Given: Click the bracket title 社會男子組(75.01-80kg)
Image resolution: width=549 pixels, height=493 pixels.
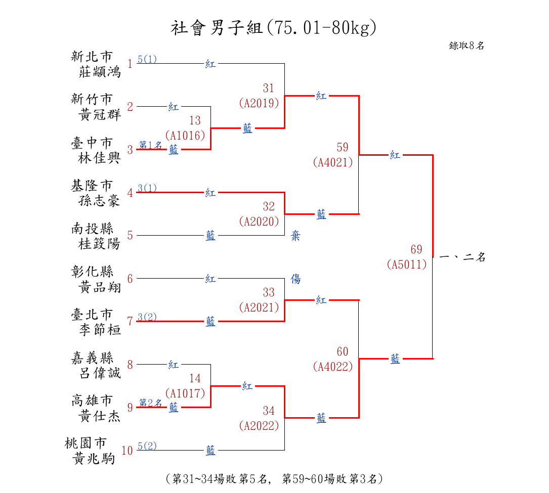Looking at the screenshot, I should (x=274, y=28).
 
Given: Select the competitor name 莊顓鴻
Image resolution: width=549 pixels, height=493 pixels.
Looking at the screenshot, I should (x=100, y=72).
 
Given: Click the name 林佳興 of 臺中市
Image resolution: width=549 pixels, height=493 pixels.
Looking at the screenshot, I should (x=100, y=158).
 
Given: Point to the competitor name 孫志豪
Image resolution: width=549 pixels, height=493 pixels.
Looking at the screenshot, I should (x=100, y=201).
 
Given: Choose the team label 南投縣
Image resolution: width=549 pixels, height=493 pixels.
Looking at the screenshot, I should (x=92, y=229).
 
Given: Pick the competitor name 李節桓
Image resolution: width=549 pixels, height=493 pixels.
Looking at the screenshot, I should (x=100, y=330).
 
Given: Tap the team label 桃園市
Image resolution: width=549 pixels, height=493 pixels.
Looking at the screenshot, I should (x=86, y=443).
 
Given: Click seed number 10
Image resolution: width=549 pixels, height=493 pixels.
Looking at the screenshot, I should (x=127, y=451).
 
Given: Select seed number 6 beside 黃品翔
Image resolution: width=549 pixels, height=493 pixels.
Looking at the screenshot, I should (x=130, y=279).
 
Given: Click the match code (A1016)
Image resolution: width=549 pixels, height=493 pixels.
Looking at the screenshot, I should (x=185, y=136).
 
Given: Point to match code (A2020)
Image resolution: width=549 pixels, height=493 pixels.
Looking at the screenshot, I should (x=259, y=221).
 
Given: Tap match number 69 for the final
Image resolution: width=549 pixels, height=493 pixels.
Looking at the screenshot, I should (x=416, y=249).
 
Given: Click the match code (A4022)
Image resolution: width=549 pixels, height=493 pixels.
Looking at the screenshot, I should (x=332, y=367).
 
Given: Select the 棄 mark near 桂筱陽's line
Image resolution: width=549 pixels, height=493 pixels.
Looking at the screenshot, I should (x=295, y=236).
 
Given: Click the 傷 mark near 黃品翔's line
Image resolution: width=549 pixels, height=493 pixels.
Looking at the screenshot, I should (x=295, y=279).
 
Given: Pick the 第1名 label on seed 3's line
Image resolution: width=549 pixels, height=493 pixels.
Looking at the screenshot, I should (x=150, y=146).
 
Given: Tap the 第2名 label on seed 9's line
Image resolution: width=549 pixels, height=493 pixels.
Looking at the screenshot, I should (x=150, y=403).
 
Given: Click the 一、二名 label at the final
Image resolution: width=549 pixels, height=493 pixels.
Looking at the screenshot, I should (x=462, y=257).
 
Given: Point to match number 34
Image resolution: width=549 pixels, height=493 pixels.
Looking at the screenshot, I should (x=269, y=410).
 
